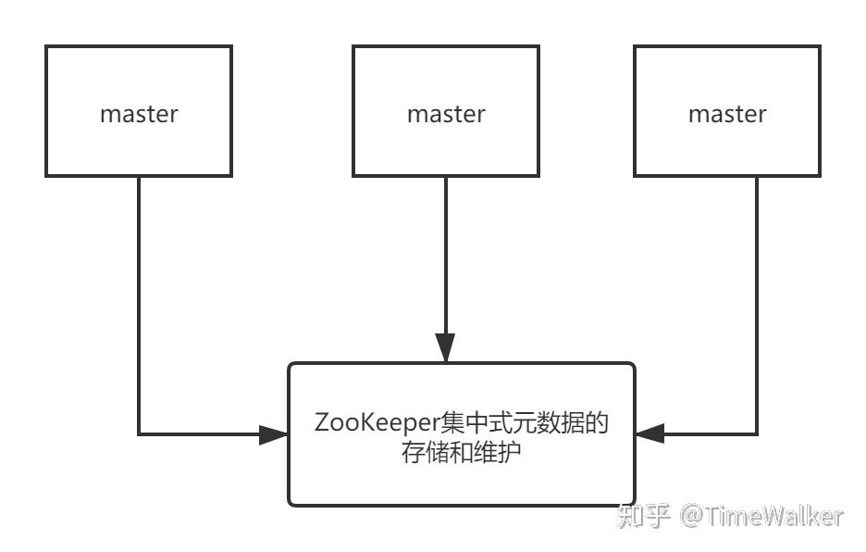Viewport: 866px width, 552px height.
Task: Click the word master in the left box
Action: click(139, 114)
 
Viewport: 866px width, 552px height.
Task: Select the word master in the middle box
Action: click(446, 114)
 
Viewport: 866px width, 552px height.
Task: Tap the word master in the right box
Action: click(727, 114)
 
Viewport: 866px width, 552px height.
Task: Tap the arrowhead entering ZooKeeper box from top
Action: click(446, 349)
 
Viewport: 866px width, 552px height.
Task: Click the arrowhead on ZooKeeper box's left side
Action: click(274, 434)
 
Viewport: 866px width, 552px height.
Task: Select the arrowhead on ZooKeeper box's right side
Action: click(650, 434)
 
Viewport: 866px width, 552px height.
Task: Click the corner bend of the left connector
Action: click(139, 434)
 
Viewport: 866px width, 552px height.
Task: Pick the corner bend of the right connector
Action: click(757, 434)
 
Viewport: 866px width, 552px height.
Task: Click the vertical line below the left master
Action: click(139, 296)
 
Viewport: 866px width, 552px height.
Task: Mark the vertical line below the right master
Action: click(757, 296)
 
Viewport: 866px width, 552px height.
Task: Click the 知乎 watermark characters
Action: click(643, 516)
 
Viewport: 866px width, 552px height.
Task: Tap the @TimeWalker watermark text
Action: click(761, 516)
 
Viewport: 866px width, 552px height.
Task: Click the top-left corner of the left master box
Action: click(46, 46)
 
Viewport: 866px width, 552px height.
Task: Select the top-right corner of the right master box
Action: click(820, 46)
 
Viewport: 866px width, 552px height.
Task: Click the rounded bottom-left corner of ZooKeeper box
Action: click(291, 502)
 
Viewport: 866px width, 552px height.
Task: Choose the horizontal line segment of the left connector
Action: click(199, 434)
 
